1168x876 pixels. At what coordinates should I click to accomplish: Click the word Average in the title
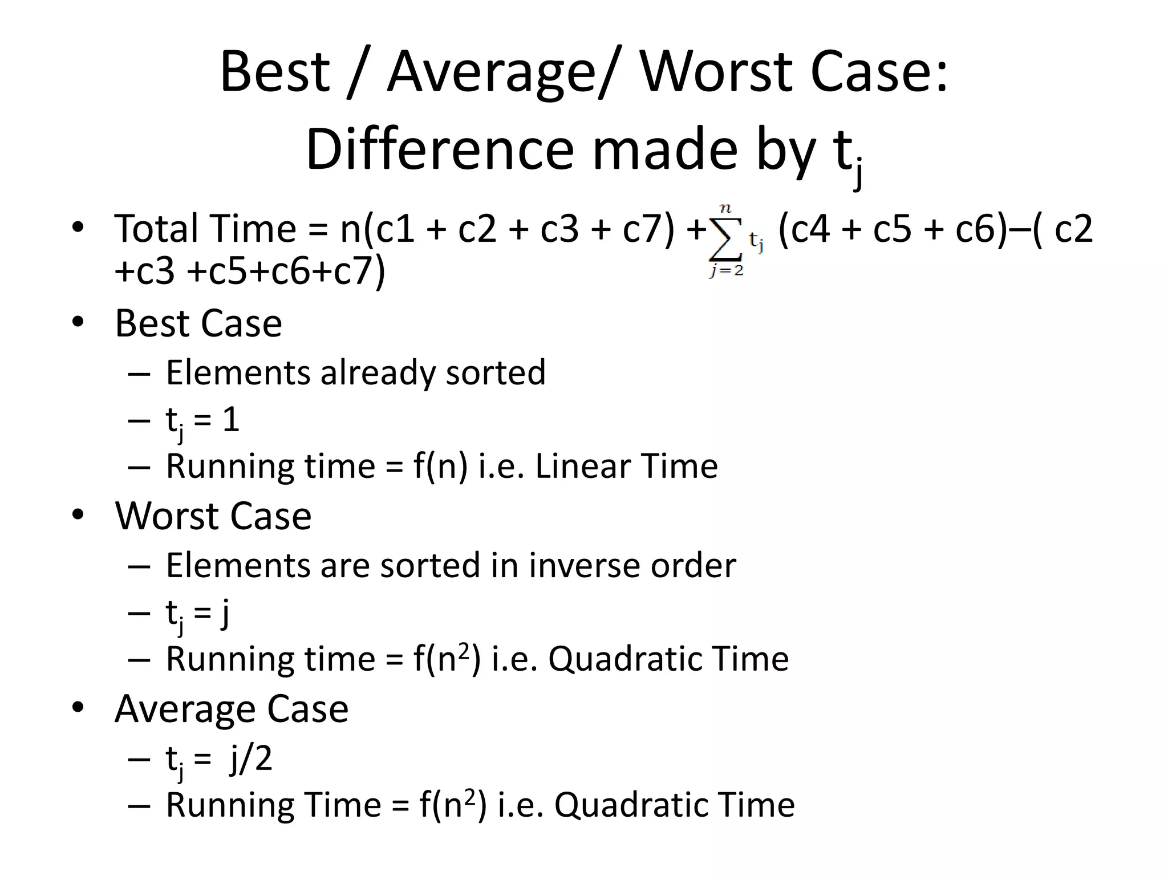[x=492, y=73]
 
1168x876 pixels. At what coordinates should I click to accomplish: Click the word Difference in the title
[x=440, y=151]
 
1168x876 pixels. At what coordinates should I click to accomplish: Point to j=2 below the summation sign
[x=727, y=270]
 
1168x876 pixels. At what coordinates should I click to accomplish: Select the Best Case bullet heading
[x=198, y=323]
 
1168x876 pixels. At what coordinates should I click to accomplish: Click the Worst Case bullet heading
[x=213, y=516]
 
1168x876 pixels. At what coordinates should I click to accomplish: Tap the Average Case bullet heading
[x=232, y=709]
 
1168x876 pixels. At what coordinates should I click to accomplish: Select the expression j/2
[x=251, y=759]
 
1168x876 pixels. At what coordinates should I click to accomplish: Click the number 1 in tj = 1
[x=230, y=420]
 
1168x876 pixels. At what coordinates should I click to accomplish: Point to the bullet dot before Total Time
[x=78, y=228]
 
